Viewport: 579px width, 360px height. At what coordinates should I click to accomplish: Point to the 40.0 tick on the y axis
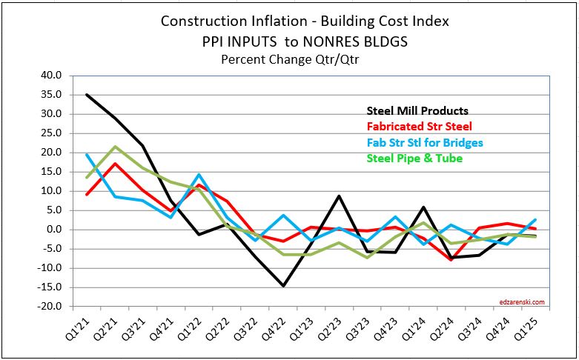tap(53, 76)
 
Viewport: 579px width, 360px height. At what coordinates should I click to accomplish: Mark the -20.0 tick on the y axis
tap(51, 307)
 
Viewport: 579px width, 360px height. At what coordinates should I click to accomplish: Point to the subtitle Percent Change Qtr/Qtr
tap(284, 59)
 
